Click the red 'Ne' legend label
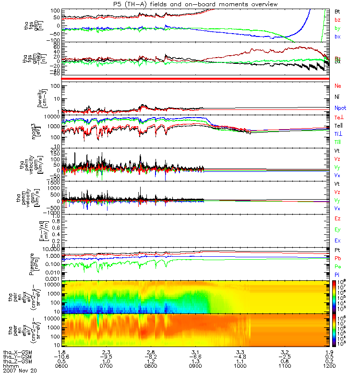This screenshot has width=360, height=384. tap(337, 86)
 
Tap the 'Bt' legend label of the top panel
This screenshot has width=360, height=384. tap(337, 11)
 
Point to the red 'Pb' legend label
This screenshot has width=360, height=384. tap(337, 258)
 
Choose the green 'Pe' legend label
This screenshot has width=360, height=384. tap(337, 266)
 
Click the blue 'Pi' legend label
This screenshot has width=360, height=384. tap(337, 274)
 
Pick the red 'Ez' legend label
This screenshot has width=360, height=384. tap(337, 218)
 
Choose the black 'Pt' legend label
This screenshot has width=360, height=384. tap(337, 251)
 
